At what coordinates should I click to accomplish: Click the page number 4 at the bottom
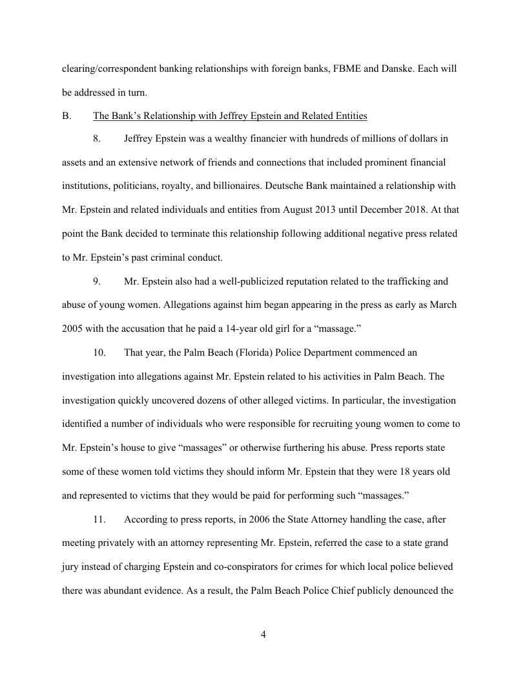pos(263,634)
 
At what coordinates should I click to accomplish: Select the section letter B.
pos(65,116)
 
